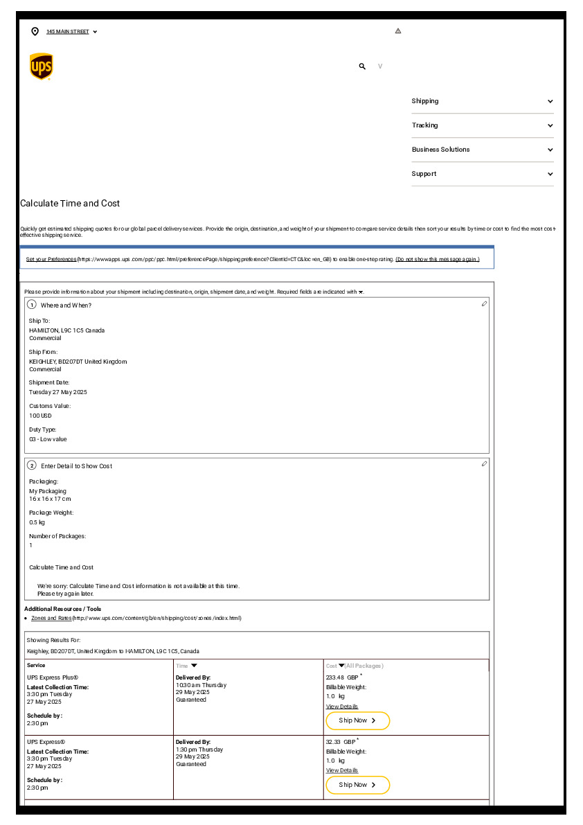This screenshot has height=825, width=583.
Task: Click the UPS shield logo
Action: pos(41,66)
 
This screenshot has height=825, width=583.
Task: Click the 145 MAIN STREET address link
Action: pos(68,32)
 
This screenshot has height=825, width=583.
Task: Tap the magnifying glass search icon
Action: pos(362,66)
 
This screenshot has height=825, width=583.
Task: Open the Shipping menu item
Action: pos(425,101)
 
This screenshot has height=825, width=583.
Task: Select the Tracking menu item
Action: pos(424,125)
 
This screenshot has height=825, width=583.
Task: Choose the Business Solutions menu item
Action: pos(440,150)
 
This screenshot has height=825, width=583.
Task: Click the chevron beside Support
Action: pos(550,174)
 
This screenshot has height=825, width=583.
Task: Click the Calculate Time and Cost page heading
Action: pos(70,204)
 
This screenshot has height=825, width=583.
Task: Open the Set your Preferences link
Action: pos(51,259)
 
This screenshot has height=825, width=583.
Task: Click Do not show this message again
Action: pos(437,259)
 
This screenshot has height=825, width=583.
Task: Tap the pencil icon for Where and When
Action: pos(484,304)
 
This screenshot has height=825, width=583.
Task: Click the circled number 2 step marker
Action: pos(32,465)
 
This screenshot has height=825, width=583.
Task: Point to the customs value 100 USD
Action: pos(40,416)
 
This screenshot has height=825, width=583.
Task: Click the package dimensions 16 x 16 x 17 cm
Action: pos(50,499)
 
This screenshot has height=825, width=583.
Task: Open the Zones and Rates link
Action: pos(52,618)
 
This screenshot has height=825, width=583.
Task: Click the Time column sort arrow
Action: pos(194,666)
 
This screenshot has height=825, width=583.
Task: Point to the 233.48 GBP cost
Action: pos(342,677)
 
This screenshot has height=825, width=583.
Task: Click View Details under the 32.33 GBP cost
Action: pos(342,770)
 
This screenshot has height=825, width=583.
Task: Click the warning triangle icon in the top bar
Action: pos(398,31)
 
